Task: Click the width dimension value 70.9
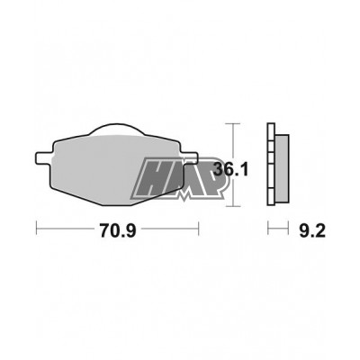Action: click(x=118, y=230)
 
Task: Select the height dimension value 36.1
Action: click(x=230, y=170)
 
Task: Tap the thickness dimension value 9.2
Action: click(x=312, y=230)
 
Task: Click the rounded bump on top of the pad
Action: click(x=117, y=129)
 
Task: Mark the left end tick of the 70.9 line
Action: click(x=36, y=229)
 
